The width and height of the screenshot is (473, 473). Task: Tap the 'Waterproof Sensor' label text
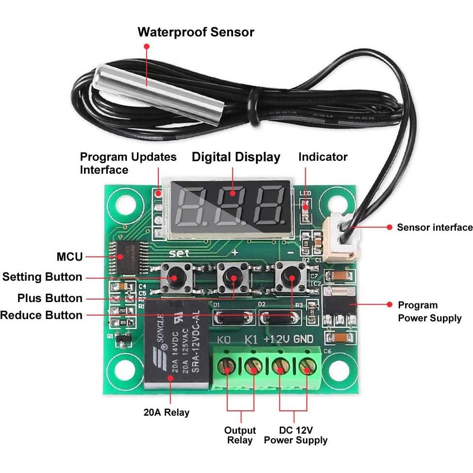[x=196, y=33]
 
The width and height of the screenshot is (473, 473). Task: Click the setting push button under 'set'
[x=174, y=277]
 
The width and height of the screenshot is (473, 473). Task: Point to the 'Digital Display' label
[x=236, y=157]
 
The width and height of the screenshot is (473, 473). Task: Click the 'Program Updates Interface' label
[x=128, y=163]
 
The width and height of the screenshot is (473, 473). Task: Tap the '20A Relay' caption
[x=167, y=412]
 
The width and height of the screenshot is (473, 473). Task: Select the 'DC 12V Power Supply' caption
[x=295, y=435]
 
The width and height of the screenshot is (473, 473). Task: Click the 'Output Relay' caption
[x=240, y=435]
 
